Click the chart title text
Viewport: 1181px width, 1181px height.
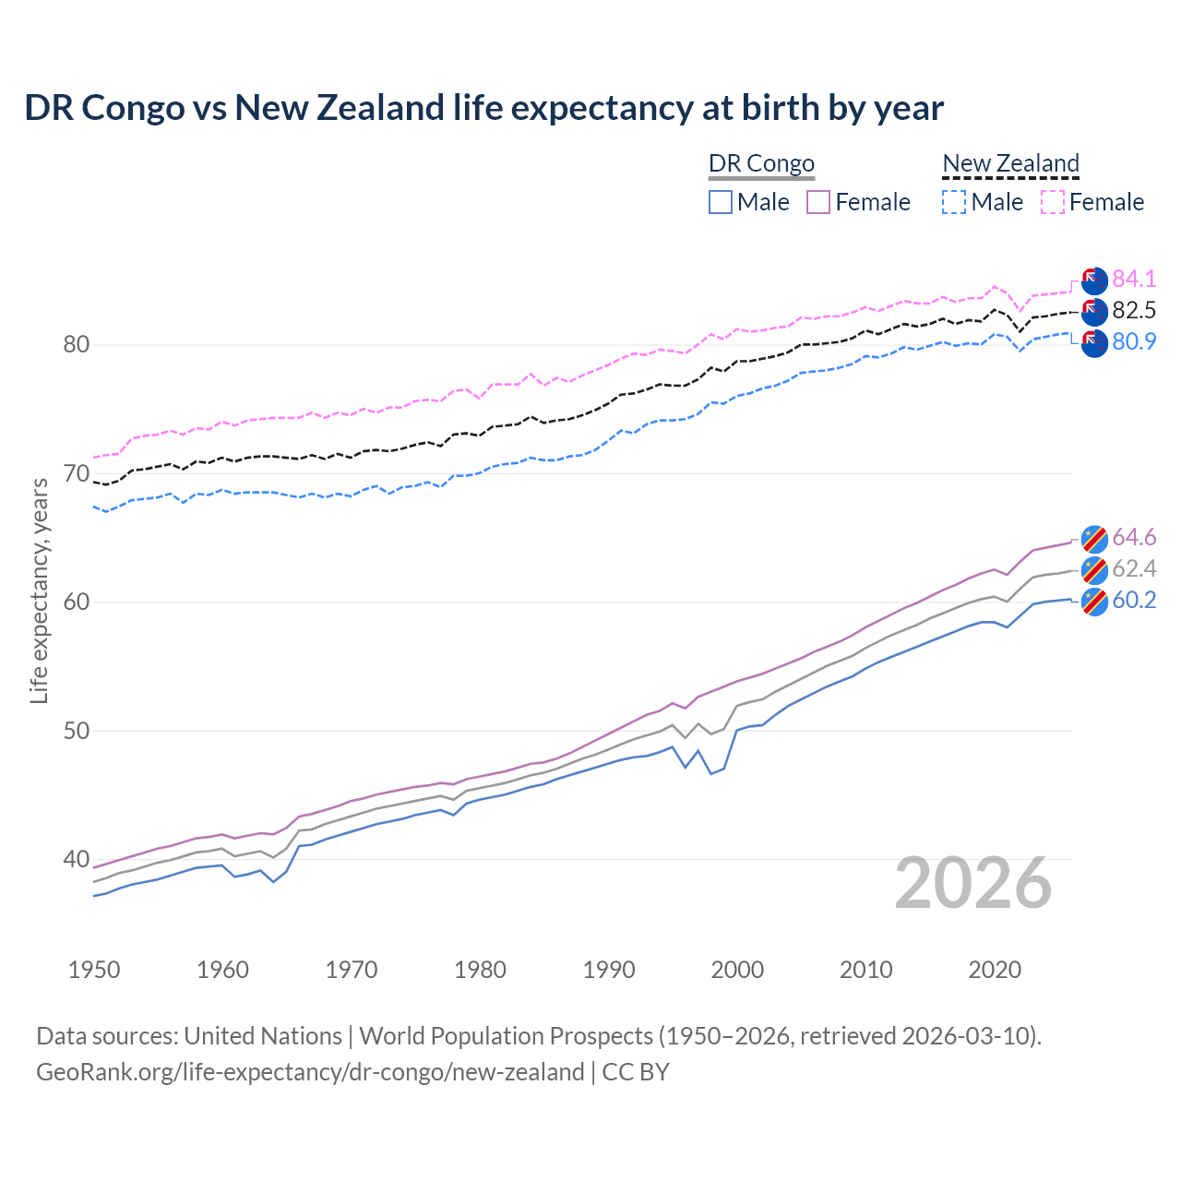point(483,108)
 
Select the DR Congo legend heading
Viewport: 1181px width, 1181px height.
point(761,163)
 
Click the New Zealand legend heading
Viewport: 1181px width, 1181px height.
point(1010,163)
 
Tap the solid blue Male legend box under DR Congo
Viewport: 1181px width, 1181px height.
point(721,202)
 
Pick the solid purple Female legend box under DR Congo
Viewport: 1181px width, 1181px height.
point(818,202)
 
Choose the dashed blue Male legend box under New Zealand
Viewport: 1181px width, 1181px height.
point(954,202)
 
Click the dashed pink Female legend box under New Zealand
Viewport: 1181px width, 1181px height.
point(1053,202)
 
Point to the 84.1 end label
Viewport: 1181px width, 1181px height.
point(1134,279)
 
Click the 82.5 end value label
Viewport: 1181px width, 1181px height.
point(1134,310)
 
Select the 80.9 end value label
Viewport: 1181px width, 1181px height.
point(1134,341)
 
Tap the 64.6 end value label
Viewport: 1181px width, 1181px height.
point(1134,537)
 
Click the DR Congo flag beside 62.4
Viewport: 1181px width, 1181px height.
point(1094,569)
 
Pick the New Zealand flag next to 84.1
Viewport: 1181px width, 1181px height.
point(1094,280)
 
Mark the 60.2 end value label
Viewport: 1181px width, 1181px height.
point(1134,600)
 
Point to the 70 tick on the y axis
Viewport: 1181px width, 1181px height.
point(76,474)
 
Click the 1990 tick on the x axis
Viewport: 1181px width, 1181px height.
point(609,970)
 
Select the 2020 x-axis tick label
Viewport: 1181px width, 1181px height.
point(995,970)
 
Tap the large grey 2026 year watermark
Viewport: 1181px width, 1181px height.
point(972,883)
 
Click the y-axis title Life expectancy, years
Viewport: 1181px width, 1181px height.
point(39,590)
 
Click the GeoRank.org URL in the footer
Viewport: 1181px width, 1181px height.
point(310,1072)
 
